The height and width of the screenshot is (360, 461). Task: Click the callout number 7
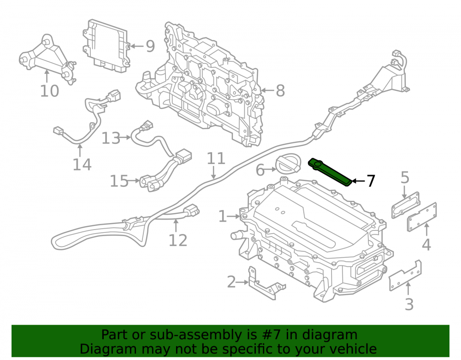371,181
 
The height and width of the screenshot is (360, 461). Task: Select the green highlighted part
330,172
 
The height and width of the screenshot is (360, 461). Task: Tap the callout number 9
150,46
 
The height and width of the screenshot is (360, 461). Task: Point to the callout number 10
49,91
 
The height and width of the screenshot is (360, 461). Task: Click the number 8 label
280,90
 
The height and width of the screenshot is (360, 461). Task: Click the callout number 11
216,159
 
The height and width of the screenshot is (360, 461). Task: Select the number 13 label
111,138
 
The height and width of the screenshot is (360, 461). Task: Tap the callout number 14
82,164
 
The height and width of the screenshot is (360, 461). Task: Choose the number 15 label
119,181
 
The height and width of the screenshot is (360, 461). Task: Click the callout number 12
178,241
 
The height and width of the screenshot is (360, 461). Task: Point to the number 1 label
223,216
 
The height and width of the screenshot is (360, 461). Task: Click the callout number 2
232,282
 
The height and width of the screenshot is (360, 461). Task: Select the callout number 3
409,304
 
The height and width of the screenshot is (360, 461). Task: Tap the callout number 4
426,244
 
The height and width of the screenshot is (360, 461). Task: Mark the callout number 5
405,177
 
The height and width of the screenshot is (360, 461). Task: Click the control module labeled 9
106,46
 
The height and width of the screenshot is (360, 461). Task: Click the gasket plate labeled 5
406,205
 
